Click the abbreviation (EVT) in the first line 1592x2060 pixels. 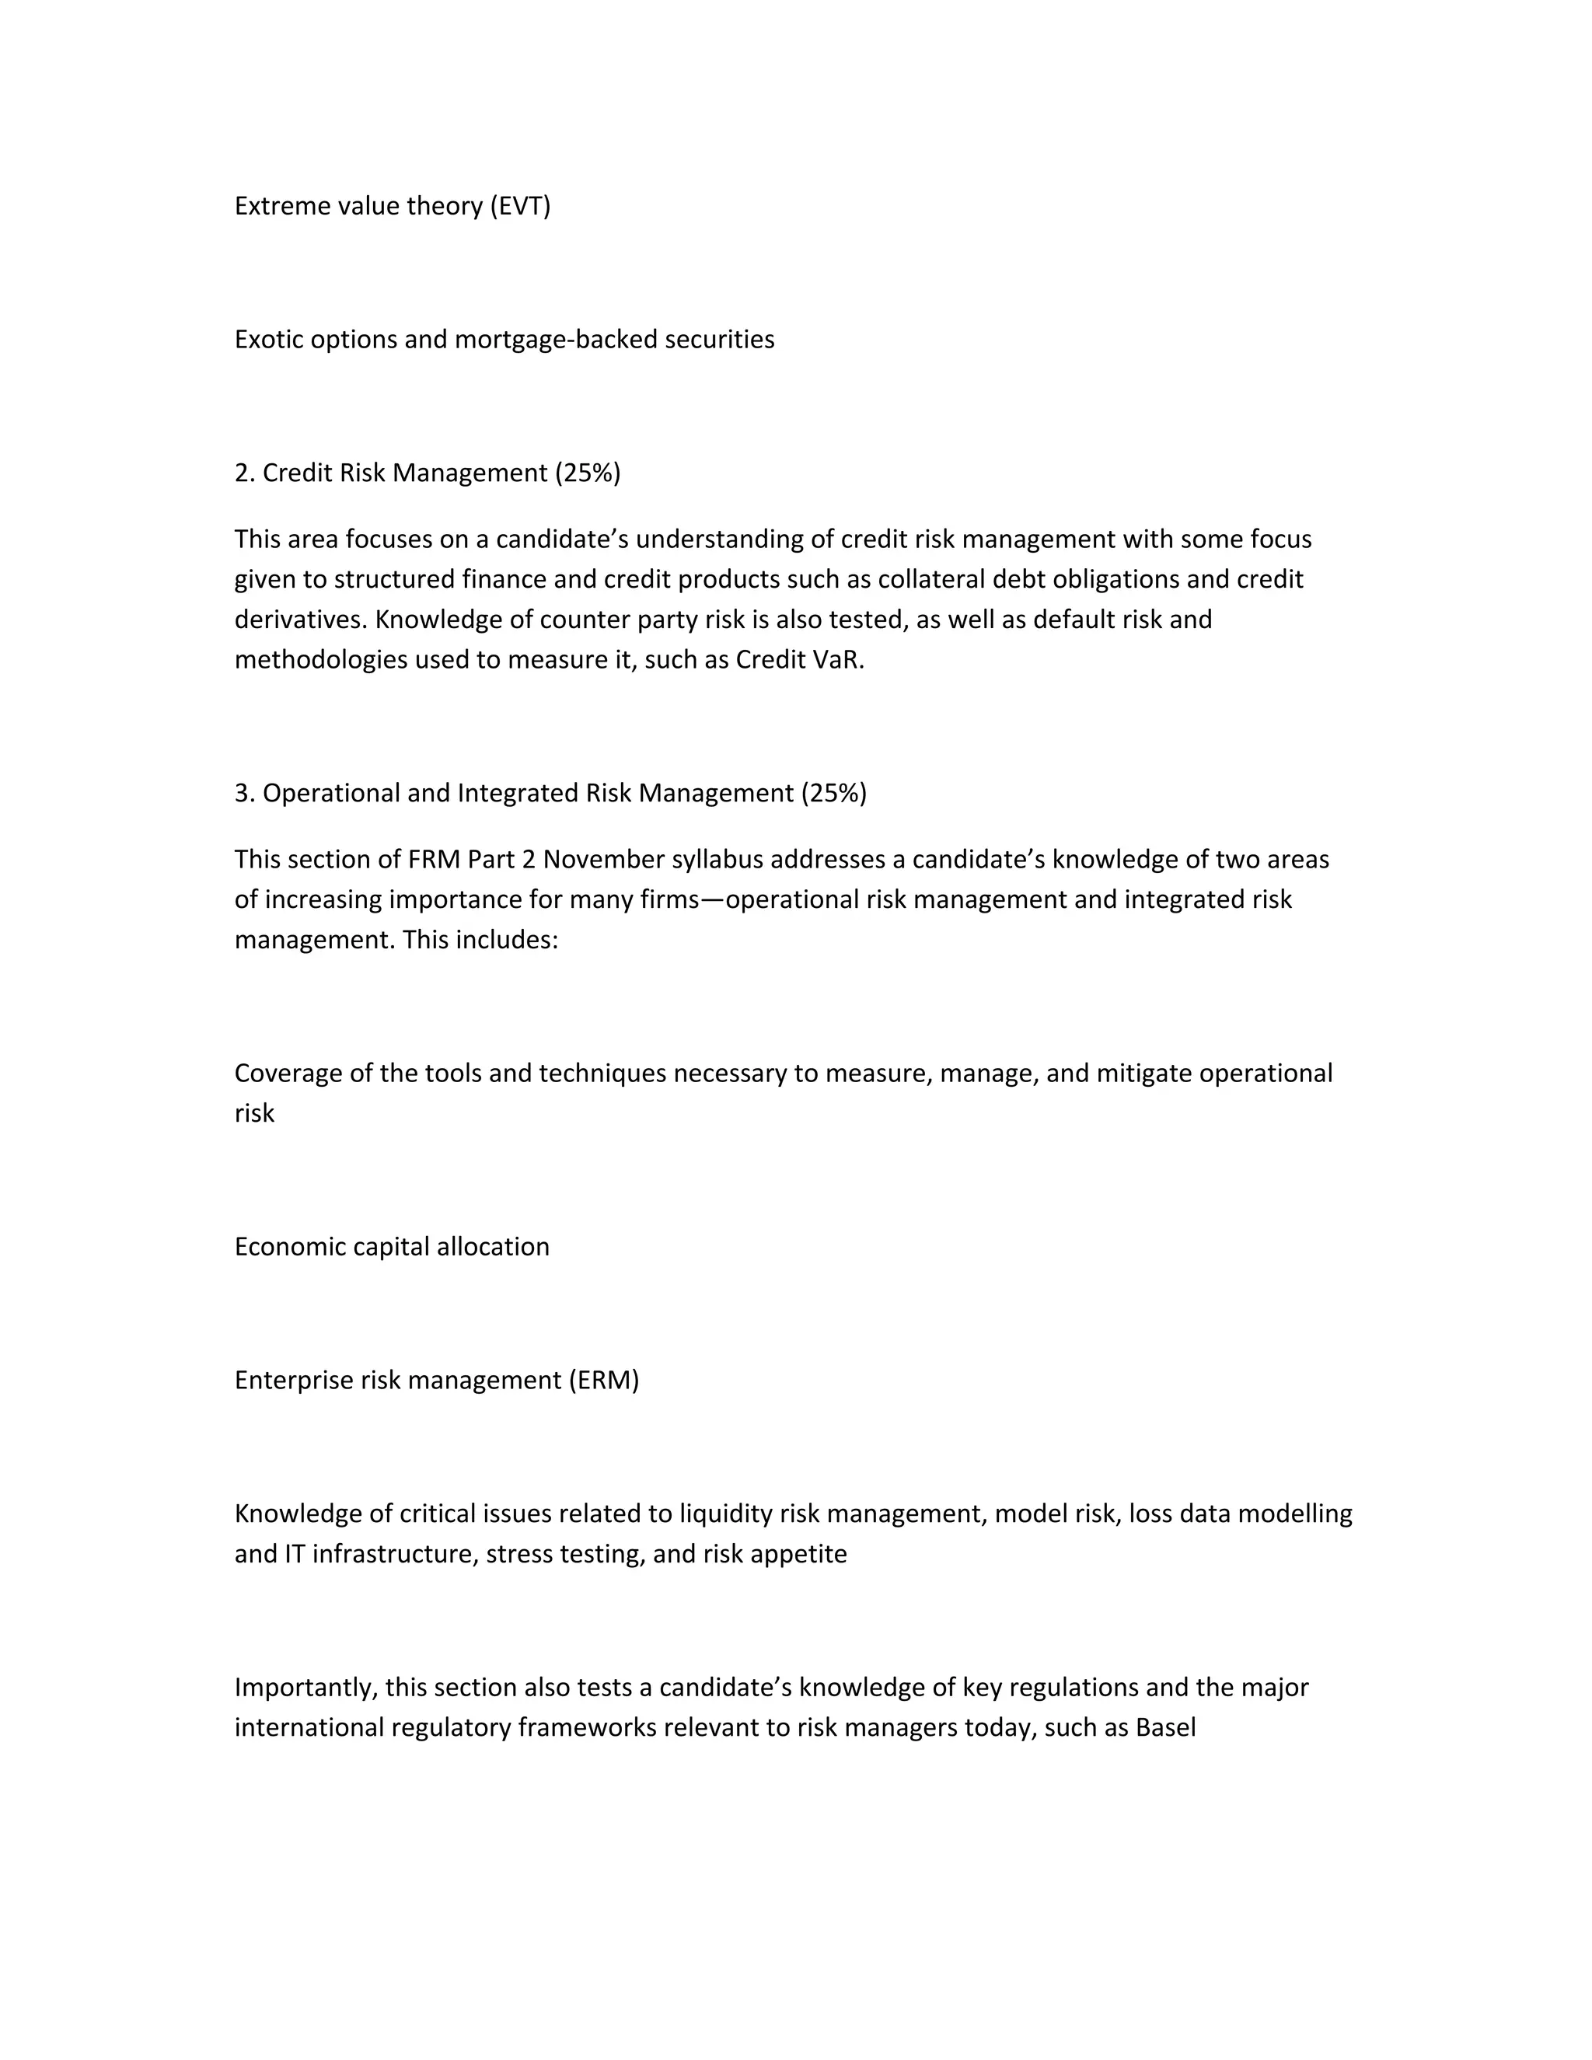click(520, 206)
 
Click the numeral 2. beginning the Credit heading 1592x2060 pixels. click(244, 473)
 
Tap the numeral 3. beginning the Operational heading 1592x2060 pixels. click(244, 793)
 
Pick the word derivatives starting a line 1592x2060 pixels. click(301, 620)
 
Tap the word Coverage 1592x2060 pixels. click(288, 1074)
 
